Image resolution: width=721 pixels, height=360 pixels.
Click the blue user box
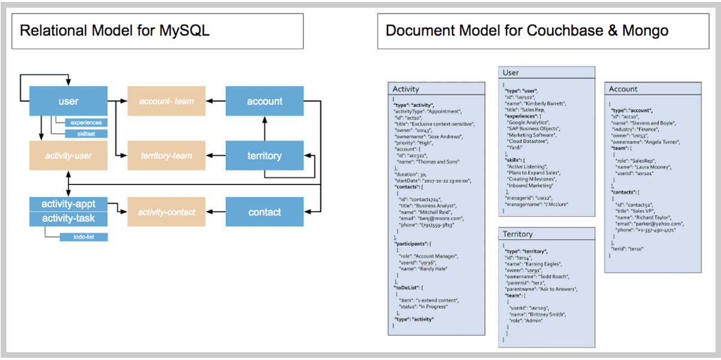point(68,101)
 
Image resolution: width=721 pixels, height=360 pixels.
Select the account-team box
point(166,101)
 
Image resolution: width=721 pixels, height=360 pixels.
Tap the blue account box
point(264,101)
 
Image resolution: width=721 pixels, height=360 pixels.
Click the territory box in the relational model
point(264,156)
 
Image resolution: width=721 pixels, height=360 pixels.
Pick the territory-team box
point(166,156)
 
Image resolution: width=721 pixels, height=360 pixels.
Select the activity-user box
point(68,156)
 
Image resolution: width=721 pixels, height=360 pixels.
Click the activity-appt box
point(68,204)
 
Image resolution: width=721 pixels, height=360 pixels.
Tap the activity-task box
point(68,218)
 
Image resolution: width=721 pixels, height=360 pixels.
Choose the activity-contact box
point(166,212)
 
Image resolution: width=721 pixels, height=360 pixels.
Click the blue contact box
point(264,212)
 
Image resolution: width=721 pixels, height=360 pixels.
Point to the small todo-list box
point(84,237)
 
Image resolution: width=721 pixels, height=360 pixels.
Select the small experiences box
point(87,123)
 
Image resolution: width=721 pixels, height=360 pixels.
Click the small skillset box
point(87,133)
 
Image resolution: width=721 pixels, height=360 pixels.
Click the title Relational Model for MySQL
point(115,31)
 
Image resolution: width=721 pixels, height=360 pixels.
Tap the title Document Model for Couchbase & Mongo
point(527,31)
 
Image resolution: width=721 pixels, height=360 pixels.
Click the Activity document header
point(406,88)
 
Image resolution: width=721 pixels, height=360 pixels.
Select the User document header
point(510,73)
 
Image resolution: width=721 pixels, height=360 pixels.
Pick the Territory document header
point(518,234)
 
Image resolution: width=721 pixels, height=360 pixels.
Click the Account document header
point(623,88)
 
